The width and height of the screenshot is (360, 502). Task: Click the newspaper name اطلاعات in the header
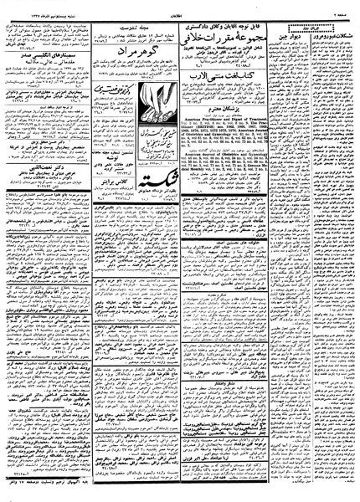(180, 5)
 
